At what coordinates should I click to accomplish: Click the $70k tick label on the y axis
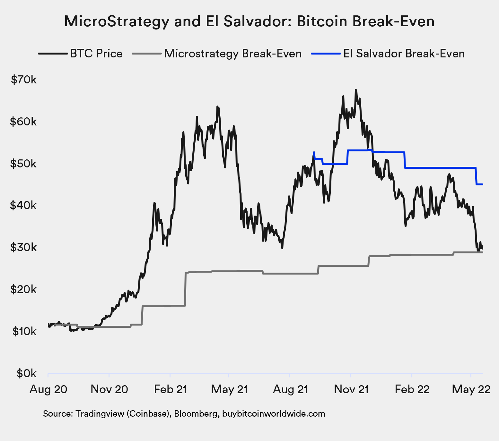coord(24,80)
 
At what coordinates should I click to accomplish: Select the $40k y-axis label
coord(23,205)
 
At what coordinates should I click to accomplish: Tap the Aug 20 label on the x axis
coord(48,389)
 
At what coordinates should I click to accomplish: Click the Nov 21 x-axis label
coord(351,389)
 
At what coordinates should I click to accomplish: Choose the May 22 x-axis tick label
coord(471,389)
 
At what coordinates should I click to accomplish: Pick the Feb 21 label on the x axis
coord(170,389)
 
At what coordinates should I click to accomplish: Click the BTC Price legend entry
coord(96,54)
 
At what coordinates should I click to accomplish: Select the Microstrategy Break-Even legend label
coord(233,54)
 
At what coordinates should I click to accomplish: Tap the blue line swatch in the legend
coord(325,54)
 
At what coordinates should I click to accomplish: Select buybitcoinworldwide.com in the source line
coord(274,414)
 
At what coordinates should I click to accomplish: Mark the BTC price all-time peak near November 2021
coord(355,90)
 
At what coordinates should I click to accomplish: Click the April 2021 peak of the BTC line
coord(217,107)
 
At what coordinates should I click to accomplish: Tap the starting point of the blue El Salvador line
coord(314,152)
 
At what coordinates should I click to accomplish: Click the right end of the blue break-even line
coord(482,184)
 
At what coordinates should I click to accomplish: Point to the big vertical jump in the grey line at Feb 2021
coord(185,289)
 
